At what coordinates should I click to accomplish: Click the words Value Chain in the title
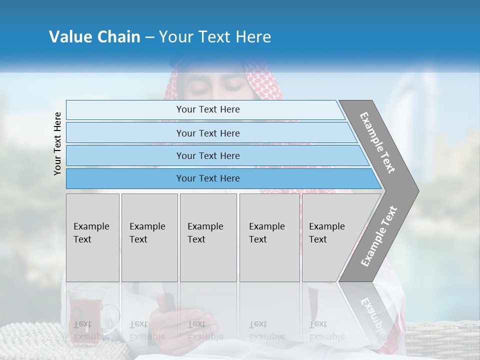point(94,37)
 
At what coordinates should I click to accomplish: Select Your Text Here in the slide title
point(215,37)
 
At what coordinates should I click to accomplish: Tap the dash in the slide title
point(149,37)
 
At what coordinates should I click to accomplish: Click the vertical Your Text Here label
point(57,143)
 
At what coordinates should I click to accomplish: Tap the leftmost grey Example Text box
point(92,237)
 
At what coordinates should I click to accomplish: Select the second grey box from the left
point(149,237)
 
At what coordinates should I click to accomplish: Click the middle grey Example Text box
point(208,237)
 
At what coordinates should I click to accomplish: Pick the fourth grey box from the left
point(269,237)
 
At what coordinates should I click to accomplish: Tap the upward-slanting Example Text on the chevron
point(379,236)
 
